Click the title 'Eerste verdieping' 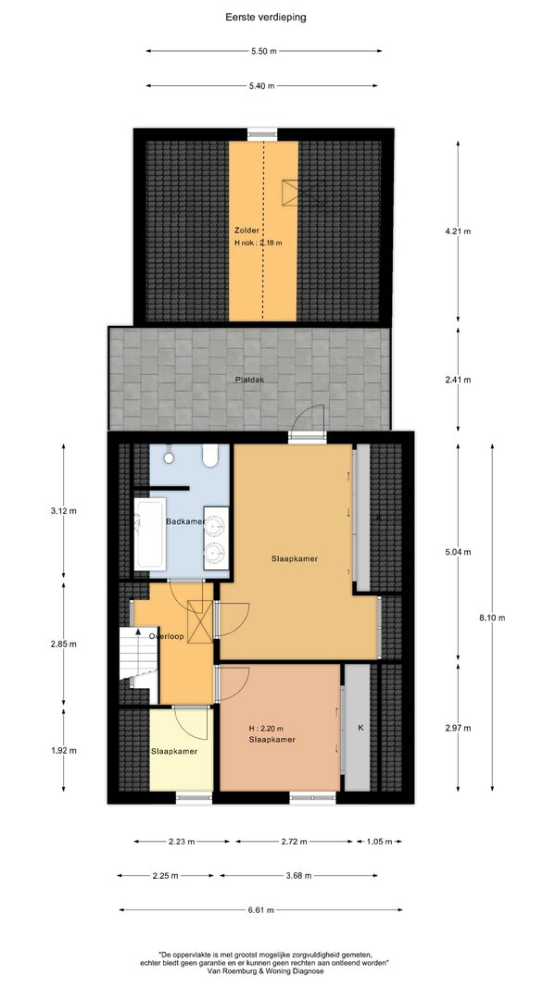pos(266,18)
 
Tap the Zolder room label pos(246,231)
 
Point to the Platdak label pos(249,380)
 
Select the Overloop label pos(167,636)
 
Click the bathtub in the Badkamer pos(150,534)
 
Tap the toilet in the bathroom pos(210,456)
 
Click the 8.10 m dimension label pos(492,618)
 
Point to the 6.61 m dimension pos(261,910)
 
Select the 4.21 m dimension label pos(459,231)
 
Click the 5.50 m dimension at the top pos(264,51)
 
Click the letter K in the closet pos(361,728)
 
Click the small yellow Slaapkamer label pos(174,751)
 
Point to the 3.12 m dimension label pos(63,511)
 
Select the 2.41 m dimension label pos(459,380)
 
